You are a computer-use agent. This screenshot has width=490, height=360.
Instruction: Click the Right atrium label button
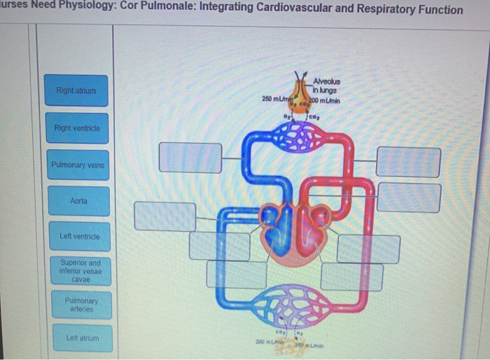pos(77,90)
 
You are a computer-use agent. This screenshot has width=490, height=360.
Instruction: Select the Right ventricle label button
pos(77,128)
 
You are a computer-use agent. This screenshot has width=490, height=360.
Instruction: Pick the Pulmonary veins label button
pos(77,165)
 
